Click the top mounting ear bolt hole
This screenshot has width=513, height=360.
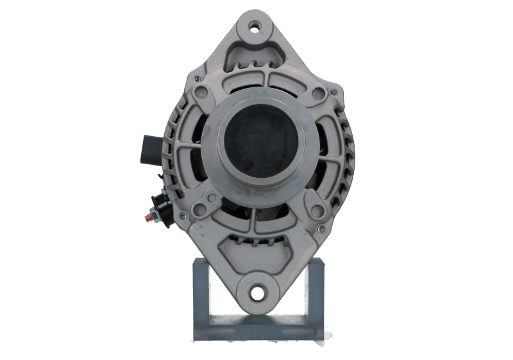pos(256,27)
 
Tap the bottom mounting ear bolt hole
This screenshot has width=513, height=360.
pos(258,293)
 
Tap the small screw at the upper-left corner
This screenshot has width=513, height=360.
pos(197,79)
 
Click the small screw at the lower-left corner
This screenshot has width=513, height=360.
pos(183,216)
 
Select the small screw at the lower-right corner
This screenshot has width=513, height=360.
pos(321,228)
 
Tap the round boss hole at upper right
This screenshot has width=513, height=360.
pos(318,94)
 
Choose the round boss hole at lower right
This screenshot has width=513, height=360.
pos(317,209)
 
